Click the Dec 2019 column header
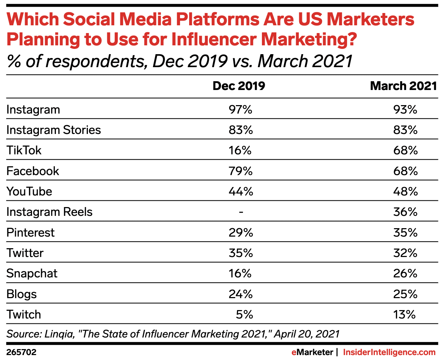(239, 86)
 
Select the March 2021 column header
(403, 86)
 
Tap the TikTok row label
(24, 150)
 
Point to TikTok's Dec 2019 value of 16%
(240, 150)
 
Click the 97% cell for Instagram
(240, 110)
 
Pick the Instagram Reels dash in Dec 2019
(241, 212)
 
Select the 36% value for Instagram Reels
(405, 212)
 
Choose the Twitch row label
(24, 314)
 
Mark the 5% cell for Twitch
(244, 314)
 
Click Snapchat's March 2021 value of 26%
(405, 274)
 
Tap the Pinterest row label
(31, 233)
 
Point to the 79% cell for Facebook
(240, 171)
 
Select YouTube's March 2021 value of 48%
(405, 192)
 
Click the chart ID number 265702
(21, 352)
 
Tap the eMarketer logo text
(312, 352)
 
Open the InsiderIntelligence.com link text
(389, 352)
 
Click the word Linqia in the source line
(59, 334)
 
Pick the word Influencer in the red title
(215, 39)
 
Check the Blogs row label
(21, 294)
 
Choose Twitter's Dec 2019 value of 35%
(240, 253)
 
